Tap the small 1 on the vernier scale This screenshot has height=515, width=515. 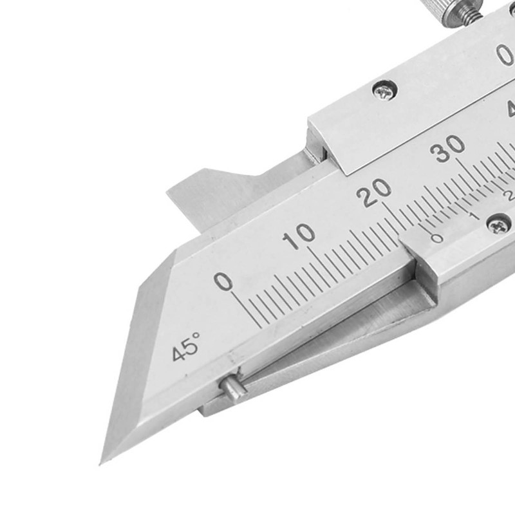click(474, 216)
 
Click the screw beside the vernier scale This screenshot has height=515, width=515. click(499, 224)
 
